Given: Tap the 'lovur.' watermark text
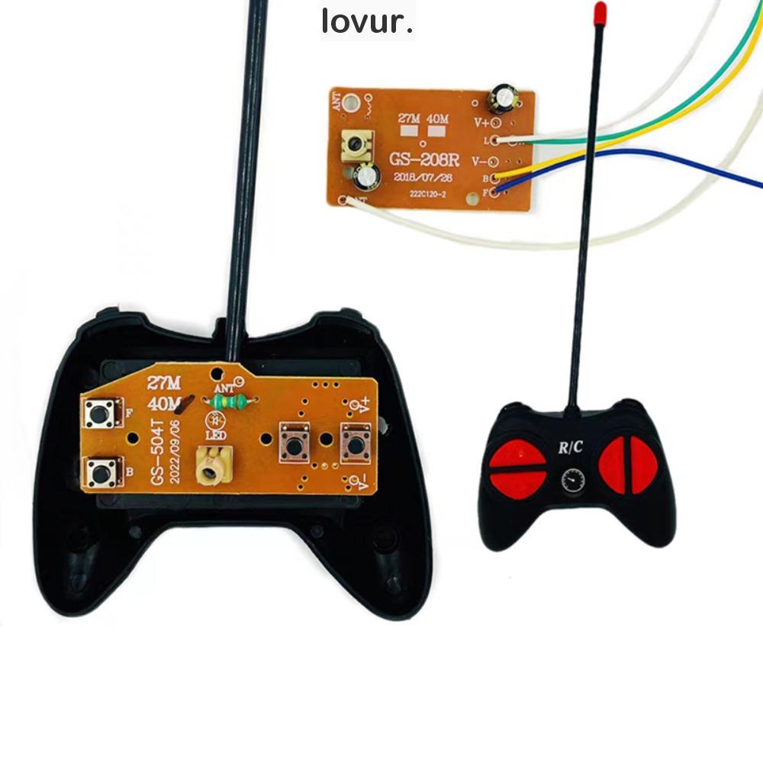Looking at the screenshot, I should [x=367, y=22].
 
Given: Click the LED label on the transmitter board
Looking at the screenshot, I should [x=215, y=436].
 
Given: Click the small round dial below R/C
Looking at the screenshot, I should [x=571, y=480].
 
